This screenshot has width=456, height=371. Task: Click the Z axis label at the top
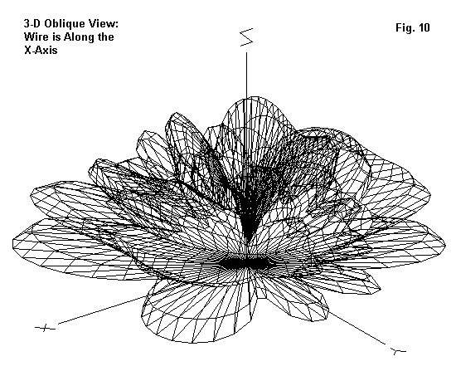click(x=246, y=37)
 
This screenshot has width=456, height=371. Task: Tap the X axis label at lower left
click(x=45, y=328)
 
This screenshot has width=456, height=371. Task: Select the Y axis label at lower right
click(x=399, y=351)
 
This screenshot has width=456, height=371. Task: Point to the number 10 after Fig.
click(x=424, y=27)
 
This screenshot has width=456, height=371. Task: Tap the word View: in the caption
click(x=104, y=23)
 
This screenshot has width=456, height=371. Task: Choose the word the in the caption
click(x=104, y=37)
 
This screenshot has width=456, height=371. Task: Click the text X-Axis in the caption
click(x=41, y=50)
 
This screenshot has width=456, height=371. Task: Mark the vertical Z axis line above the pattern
click(x=247, y=76)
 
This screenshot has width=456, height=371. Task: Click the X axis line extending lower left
click(x=102, y=310)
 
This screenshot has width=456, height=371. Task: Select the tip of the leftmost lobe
click(x=13, y=241)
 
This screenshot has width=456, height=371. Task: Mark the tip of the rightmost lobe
click(x=445, y=242)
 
